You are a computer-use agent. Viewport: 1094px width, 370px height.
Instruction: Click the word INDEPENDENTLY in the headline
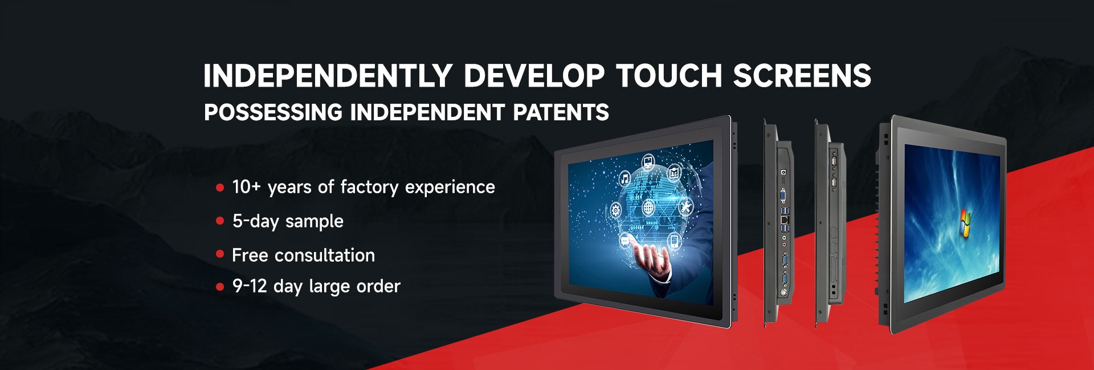328,76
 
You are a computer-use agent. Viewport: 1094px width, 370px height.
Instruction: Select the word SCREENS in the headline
802,76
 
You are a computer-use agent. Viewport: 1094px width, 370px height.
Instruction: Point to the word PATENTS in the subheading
561,112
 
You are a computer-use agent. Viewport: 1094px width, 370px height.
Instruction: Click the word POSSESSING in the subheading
273,112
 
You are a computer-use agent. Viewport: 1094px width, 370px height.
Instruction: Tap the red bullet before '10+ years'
220,188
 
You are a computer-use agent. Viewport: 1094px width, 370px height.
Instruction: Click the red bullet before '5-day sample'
220,221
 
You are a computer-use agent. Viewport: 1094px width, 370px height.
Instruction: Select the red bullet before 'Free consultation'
220,254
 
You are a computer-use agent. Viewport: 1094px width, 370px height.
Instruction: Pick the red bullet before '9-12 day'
220,287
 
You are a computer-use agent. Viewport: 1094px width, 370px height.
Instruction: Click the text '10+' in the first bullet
246,187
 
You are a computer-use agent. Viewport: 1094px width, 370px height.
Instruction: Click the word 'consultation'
325,255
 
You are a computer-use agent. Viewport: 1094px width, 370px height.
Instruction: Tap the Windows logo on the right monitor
965,223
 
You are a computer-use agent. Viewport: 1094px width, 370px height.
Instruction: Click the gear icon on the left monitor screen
616,210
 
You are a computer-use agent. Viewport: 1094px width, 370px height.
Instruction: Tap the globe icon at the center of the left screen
649,207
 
